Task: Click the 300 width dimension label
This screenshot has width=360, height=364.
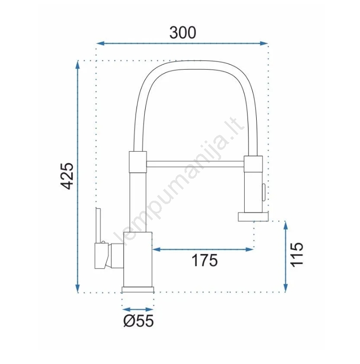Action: (183, 33)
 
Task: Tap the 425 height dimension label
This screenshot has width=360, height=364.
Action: (67, 176)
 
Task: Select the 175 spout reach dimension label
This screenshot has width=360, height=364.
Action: (205, 260)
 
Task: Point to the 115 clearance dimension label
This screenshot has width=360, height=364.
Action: (297, 255)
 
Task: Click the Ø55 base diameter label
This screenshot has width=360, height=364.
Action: (138, 321)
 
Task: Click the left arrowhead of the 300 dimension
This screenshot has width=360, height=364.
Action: (100, 43)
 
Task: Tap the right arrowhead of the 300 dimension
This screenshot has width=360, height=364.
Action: (264, 43)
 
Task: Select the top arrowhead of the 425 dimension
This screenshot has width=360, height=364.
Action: (78, 65)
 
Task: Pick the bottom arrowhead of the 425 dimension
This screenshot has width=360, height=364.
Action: (78, 289)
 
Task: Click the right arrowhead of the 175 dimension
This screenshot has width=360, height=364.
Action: (249, 250)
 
